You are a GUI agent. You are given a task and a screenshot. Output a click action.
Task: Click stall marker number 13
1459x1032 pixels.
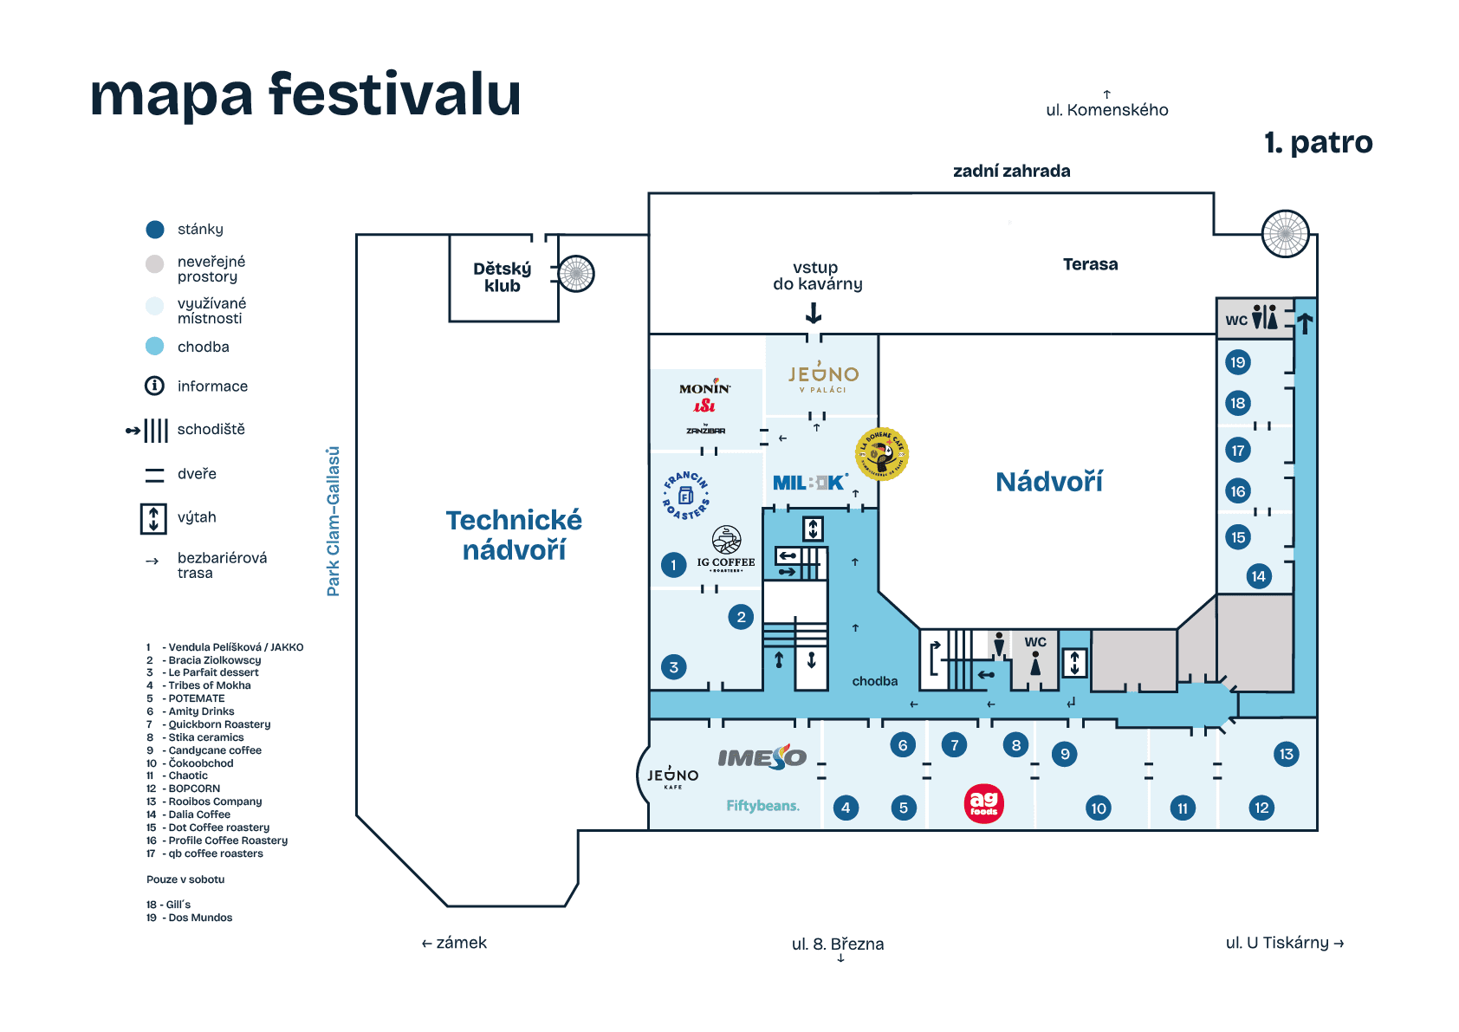(1286, 754)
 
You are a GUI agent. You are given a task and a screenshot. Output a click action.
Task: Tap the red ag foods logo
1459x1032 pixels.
(983, 803)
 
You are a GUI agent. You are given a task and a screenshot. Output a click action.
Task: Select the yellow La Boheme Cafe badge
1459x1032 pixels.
(882, 453)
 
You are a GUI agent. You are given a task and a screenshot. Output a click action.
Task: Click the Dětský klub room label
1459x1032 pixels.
(503, 277)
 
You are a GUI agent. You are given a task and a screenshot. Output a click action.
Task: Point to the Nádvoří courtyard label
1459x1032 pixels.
(1048, 482)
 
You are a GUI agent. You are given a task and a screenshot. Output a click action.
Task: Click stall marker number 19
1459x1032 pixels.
(1237, 362)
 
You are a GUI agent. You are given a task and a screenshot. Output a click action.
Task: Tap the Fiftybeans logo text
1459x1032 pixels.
(762, 806)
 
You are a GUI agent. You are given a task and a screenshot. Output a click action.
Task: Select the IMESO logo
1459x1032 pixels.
(762, 757)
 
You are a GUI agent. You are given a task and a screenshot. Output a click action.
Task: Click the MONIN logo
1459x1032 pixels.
(704, 388)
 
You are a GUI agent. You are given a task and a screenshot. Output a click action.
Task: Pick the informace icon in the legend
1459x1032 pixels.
(154, 386)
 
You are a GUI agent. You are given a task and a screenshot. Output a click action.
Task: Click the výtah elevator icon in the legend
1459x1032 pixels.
(153, 518)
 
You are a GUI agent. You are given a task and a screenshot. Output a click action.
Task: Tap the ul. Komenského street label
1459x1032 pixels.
(1106, 110)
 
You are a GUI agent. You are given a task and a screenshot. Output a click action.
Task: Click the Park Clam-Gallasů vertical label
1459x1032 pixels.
(333, 521)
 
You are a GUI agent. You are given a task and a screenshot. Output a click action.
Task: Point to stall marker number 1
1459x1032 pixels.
(673, 565)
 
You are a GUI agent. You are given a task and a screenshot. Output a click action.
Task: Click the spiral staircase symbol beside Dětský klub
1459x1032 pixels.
(576, 274)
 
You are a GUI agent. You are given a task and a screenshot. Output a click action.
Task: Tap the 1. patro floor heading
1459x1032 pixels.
(1318, 143)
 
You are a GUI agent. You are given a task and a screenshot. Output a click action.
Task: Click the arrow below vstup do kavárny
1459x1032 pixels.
(814, 313)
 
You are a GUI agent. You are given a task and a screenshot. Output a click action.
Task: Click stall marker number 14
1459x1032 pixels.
(1258, 576)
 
